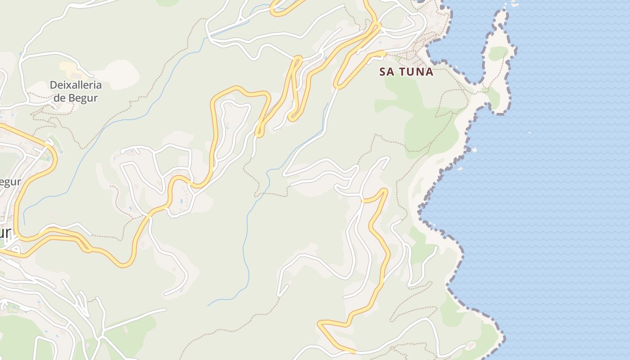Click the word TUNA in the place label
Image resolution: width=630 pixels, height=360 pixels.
coord(417,72)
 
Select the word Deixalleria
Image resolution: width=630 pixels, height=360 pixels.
coord(76,85)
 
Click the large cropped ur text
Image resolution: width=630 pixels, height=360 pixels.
coord(5,233)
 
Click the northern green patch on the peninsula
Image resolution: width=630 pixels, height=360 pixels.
coord(498,53)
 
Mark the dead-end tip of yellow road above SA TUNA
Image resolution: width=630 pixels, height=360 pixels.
coord(384,54)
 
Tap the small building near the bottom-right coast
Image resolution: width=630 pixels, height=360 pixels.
coord(471,346)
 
